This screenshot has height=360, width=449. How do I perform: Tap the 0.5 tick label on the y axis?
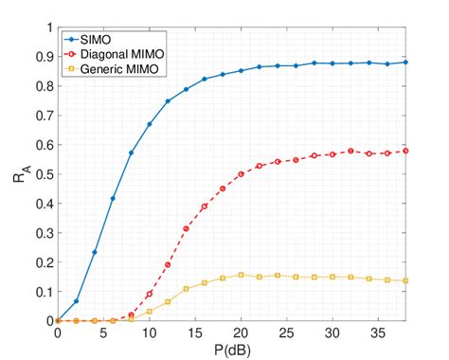point(43,174)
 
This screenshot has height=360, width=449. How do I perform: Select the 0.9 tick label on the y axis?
point(43,57)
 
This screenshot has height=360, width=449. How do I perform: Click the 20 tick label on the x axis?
point(241,333)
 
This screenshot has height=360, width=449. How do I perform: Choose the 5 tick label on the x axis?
point(103,333)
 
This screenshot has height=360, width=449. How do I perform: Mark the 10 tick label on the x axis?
point(149,333)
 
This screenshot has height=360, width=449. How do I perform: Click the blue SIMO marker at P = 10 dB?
point(150,124)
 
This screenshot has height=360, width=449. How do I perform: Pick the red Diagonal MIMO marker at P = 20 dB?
point(241,174)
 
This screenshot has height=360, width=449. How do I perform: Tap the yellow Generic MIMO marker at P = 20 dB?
point(241,275)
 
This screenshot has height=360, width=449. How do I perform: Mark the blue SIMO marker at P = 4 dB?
point(95,252)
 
